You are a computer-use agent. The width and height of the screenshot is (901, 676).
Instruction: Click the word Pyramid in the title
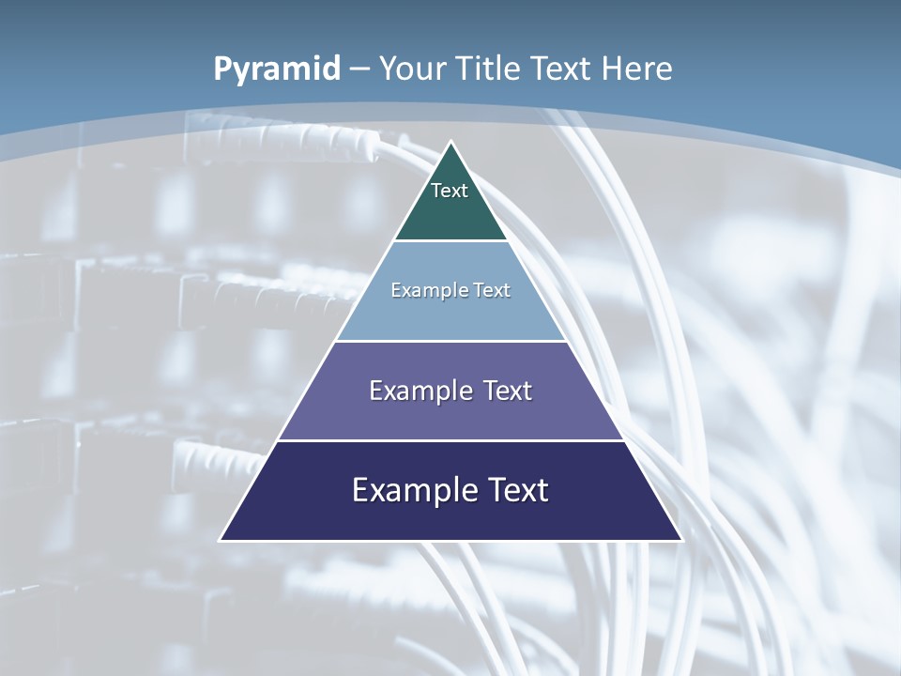(x=277, y=69)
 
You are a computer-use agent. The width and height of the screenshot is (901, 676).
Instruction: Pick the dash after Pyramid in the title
(x=359, y=69)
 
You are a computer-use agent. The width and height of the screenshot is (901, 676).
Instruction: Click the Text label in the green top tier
(x=450, y=191)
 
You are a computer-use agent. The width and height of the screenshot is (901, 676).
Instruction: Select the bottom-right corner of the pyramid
(x=681, y=540)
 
